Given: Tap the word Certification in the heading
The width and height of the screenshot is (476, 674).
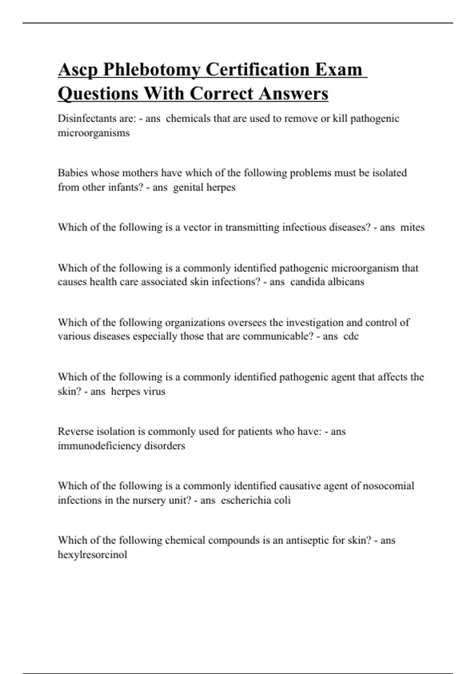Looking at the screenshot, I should pos(258,70).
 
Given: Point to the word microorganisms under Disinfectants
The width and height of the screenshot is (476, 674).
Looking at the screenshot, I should pos(94,133).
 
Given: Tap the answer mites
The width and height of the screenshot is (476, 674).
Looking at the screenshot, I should pos(413,228).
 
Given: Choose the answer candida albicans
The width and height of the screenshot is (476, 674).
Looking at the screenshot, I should pos(327,282).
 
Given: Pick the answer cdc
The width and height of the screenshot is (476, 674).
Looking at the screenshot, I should pos(351,336).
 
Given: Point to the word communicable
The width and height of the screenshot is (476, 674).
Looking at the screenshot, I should pos(278,336).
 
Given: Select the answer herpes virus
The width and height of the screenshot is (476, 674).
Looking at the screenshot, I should pos(138,391).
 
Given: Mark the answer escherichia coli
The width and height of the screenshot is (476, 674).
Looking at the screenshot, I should pos(256,500).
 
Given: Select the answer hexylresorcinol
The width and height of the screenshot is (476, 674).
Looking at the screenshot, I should pos(92,554).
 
